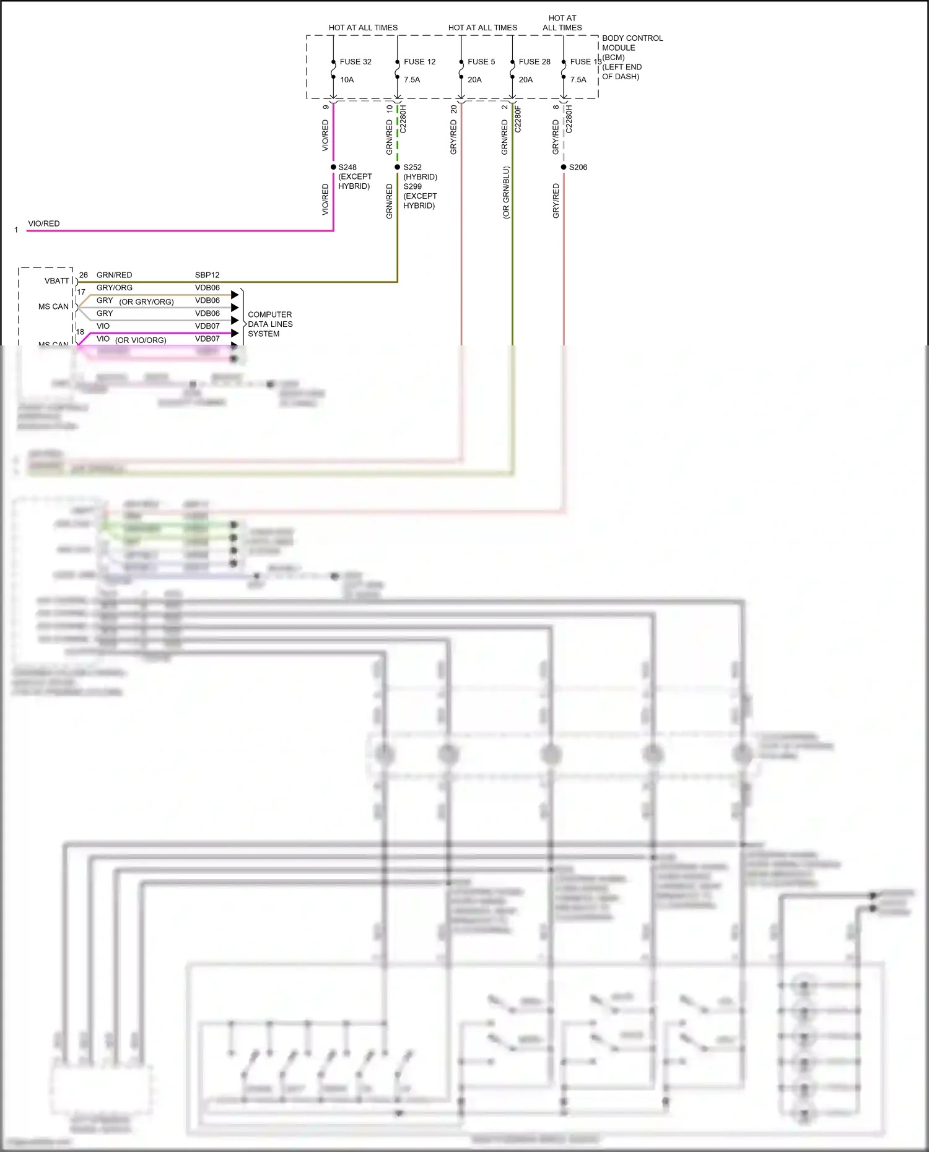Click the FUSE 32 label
(x=355, y=62)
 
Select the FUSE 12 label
(x=419, y=62)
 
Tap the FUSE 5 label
(x=481, y=62)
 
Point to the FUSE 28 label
(x=534, y=62)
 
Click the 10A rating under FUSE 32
(x=347, y=80)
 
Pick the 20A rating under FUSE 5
(x=474, y=80)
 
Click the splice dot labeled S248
(x=333, y=167)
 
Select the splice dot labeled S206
(x=564, y=167)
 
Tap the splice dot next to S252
(x=398, y=167)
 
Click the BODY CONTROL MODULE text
(x=632, y=43)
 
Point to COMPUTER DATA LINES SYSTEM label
(x=270, y=324)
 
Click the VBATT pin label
(x=57, y=281)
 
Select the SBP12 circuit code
(x=207, y=275)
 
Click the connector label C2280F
(x=518, y=119)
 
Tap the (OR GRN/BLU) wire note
(x=506, y=193)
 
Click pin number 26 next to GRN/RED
(x=84, y=275)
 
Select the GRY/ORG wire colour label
(x=115, y=288)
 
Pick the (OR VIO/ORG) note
(x=141, y=340)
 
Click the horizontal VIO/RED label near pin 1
(x=44, y=223)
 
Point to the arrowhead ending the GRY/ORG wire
(x=235, y=295)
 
